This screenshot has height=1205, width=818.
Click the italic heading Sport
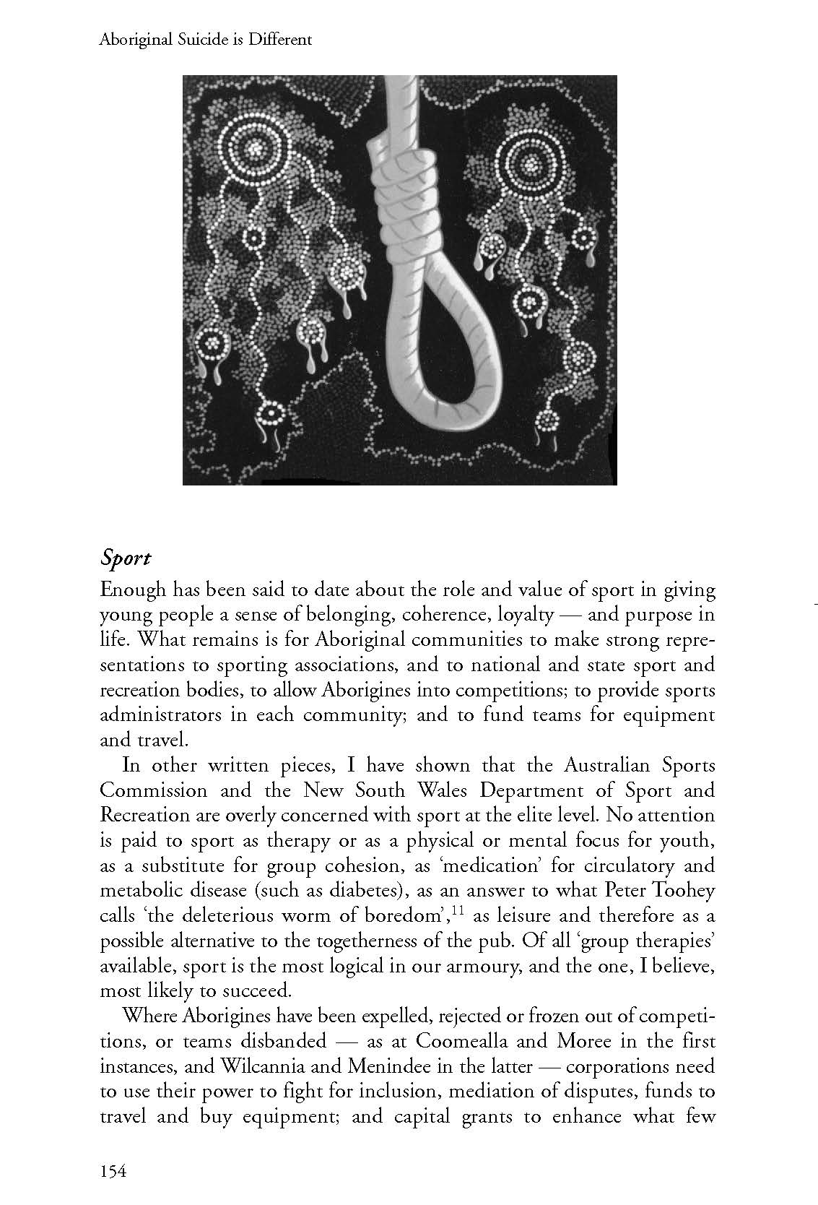[126, 559]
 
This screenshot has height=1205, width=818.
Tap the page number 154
[114, 1170]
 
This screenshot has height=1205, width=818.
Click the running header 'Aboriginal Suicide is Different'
[205, 40]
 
